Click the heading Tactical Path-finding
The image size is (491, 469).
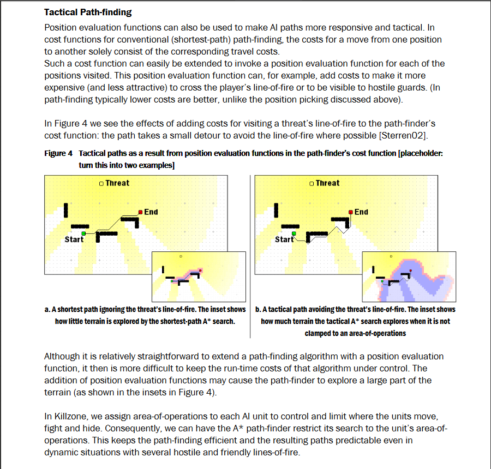[x=88, y=12]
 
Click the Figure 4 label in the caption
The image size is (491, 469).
[x=59, y=154]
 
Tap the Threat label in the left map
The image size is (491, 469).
[x=117, y=183]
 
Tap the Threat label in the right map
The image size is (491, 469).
[x=327, y=183]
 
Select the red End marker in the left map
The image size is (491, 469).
[x=140, y=212]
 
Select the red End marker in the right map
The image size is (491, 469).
[x=350, y=212]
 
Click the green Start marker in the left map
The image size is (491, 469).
[x=83, y=233]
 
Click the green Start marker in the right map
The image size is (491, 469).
[x=294, y=233]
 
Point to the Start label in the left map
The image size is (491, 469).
[x=74, y=239]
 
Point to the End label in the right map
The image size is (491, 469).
[x=361, y=212]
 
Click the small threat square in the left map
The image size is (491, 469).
[x=102, y=184]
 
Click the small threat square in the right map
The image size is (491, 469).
[x=312, y=184]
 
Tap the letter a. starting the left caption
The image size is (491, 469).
[x=47, y=310]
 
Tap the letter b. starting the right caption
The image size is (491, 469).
[x=258, y=310]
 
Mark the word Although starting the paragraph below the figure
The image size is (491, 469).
[x=61, y=357]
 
